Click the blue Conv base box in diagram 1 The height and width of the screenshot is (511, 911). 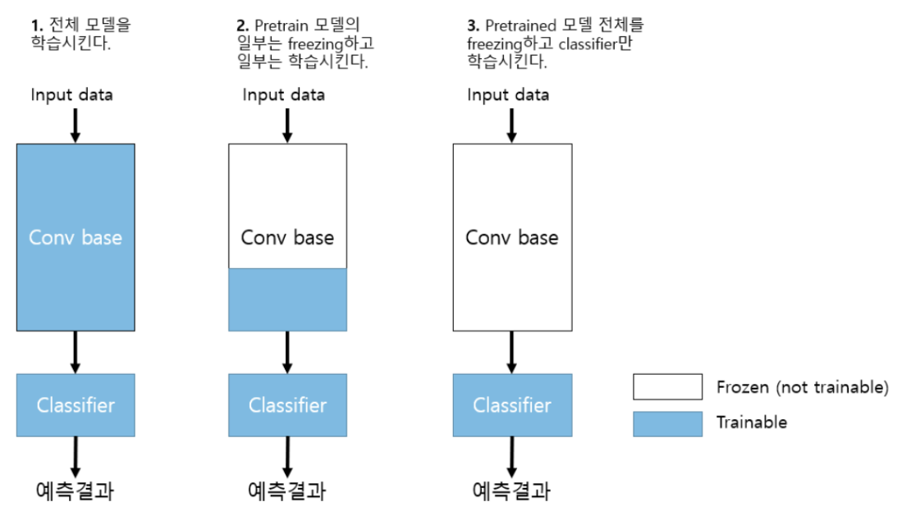[x=76, y=237]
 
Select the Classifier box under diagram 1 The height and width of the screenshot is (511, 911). [x=76, y=404]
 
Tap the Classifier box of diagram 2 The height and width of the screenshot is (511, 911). [x=287, y=404]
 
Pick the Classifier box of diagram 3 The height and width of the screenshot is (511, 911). [x=512, y=404]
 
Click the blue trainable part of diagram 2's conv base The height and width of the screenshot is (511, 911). [x=287, y=299]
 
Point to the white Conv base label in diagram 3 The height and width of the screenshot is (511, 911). [x=512, y=237]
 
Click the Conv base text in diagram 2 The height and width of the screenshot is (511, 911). [x=287, y=237]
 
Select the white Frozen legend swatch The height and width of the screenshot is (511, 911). [x=667, y=386]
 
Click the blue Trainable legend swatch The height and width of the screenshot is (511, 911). [x=667, y=423]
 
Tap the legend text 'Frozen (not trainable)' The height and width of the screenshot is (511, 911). [x=802, y=386]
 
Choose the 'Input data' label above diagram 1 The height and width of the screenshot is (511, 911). [x=72, y=94]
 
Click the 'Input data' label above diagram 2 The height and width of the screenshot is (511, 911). [x=284, y=94]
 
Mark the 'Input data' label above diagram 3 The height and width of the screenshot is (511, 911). [x=509, y=94]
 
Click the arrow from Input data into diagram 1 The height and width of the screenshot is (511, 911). [x=76, y=124]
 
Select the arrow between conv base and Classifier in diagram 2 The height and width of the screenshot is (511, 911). [x=287, y=352]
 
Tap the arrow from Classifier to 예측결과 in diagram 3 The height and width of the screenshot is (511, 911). [x=512, y=456]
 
